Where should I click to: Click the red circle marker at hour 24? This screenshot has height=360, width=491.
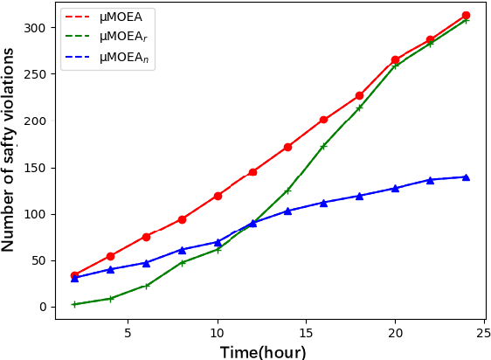point(466,16)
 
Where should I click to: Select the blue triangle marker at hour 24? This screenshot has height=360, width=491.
point(466,177)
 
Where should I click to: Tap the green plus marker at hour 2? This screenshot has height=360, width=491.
point(74,304)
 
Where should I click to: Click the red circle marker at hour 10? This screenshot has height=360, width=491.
point(218,196)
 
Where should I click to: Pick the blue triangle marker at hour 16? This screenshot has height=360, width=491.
point(323,203)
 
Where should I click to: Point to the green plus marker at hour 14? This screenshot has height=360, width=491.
point(287,190)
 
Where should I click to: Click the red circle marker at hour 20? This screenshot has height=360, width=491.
point(395,60)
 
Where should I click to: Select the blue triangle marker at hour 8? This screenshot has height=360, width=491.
point(182,250)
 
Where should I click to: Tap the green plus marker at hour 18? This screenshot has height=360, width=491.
point(359,107)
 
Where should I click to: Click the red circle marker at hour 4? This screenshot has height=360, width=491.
point(110,256)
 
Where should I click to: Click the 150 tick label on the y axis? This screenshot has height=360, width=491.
point(36,168)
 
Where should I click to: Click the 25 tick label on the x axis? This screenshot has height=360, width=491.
point(483,333)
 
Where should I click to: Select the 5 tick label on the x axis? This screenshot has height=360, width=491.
point(128,333)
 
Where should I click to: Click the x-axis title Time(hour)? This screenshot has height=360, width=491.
point(263,351)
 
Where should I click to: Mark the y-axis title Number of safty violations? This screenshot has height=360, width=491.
point(10,149)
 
